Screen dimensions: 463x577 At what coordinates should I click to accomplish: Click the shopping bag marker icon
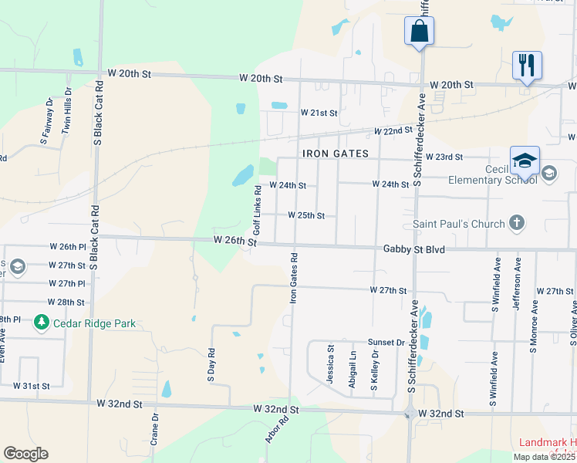419,31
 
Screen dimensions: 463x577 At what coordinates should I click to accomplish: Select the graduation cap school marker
525,161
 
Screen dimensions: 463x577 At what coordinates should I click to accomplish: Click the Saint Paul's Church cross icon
518,224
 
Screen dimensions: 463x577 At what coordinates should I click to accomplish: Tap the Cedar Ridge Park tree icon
39,323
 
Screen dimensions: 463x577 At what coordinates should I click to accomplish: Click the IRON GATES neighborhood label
336,154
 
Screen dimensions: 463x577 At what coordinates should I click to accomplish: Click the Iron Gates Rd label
294,277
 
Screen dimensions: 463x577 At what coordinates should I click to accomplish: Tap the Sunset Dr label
386,342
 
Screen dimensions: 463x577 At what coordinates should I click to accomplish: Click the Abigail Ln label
353,365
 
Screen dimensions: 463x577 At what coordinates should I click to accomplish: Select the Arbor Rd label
277,430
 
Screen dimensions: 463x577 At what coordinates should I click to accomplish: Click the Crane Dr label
155,430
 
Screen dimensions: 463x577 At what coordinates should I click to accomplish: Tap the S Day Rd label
211,364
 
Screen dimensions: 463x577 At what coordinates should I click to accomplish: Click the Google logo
25,454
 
